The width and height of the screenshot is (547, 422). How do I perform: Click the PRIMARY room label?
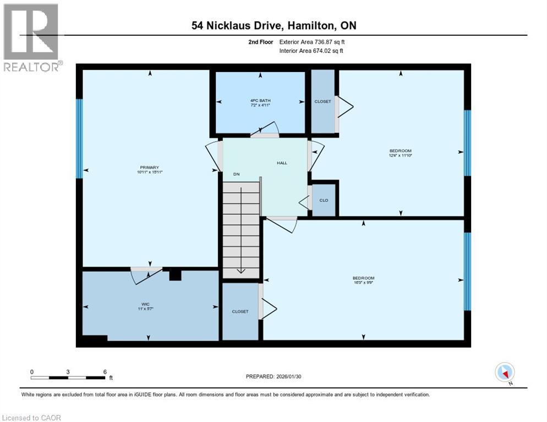click(x=150, y=168)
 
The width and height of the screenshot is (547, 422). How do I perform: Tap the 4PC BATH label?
click(x=260, y=101)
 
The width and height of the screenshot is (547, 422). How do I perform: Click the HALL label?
click(x=282, y=163)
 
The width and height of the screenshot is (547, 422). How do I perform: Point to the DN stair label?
click(x=236, y=174)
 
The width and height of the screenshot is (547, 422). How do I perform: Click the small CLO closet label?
click(x=324, y=200)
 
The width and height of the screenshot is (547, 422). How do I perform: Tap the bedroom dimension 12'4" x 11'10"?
click(x=400, y=156)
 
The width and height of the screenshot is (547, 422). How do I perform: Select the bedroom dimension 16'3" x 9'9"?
click(x=363, y=283)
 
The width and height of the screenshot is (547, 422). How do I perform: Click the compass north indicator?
click(x=505, y=373)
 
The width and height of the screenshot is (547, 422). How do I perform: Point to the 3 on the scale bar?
click(x=68, y=371)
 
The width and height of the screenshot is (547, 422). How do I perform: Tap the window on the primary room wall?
click(x=79, y=138)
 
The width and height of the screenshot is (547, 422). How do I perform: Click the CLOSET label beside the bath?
click(x=322, y=102)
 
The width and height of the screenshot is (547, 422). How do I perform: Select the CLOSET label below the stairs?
click(x=240, y=312)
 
